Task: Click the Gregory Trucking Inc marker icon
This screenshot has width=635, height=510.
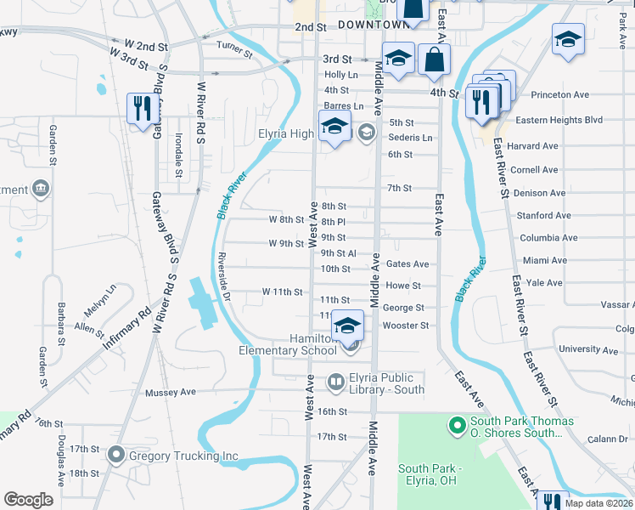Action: coord(116,456)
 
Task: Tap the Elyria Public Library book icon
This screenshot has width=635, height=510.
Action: coord(336,383)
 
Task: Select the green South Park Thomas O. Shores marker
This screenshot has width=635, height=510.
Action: coord(457,422)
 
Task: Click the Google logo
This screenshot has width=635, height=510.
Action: coord(29,500)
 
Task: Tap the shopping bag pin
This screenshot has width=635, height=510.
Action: coord(435,59)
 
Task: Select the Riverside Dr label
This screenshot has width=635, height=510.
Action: coord(224,277)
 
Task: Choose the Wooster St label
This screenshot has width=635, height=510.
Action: coord(407,326)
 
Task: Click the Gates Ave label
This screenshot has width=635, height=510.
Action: coord(407,264)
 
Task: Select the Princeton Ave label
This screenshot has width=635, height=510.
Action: coord(559,95)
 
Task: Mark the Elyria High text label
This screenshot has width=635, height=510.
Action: coord(286,133)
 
